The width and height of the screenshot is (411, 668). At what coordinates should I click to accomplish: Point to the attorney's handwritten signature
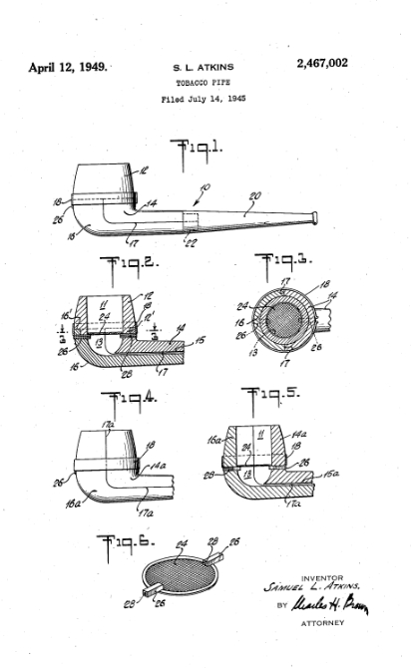(x=330, y=604)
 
